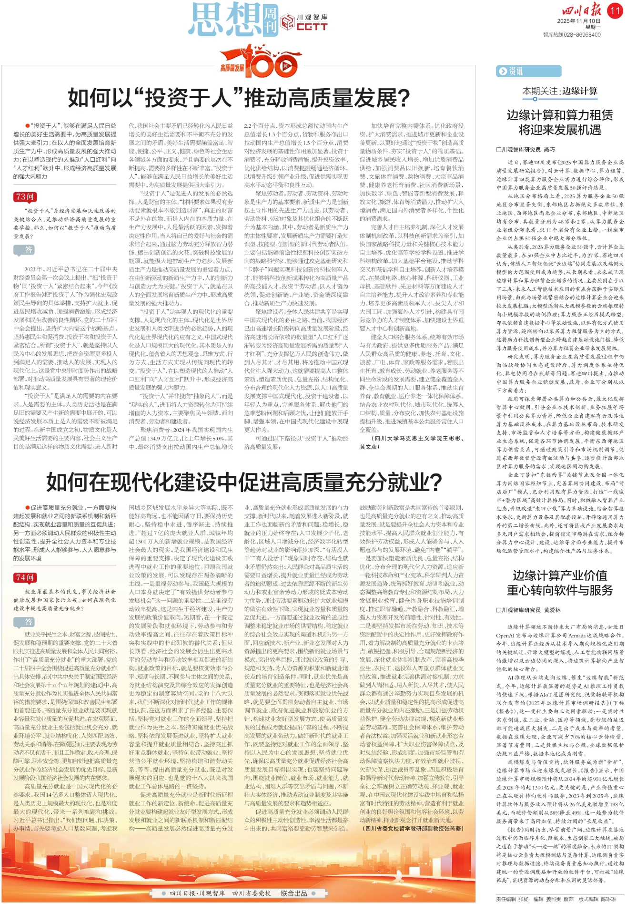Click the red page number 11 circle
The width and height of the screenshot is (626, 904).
click(x=615, y=10)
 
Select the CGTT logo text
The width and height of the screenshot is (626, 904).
click(x=312, y=27)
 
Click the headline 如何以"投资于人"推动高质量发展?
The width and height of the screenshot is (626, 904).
click(x=239, y=98)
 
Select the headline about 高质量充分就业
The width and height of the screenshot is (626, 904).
click(x=243, y=483)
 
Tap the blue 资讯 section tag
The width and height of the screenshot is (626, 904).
click(x=510, y=72)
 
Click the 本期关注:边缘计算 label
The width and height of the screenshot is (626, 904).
click(x=560, y=91)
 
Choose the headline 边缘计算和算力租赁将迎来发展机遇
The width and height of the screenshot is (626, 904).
click(x=560, y=122)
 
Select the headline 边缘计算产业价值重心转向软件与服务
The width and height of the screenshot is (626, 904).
click(x=560, y=582)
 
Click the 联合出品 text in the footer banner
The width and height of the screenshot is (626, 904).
click(x=294, y=893)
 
